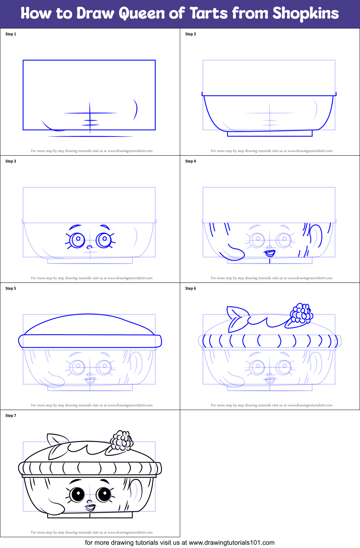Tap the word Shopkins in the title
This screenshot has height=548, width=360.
[306, 14]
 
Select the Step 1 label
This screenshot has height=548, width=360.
[11, 34]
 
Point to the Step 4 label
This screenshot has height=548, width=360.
[191, 161]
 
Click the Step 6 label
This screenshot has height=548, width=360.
[191, 289]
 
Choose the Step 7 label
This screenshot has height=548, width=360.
[11, 416]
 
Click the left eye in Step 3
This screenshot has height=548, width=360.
[77, 240]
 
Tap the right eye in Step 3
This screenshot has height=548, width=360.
[104, 239]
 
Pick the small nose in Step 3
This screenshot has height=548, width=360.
[89, 247]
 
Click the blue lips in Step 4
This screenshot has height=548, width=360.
[270, 253]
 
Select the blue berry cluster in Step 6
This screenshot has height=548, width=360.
[302, 313]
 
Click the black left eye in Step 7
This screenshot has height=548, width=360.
[77, 494]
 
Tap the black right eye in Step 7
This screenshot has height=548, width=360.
[104, 494]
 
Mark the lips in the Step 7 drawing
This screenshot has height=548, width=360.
[90, 508]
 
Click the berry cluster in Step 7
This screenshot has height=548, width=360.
[122, 440]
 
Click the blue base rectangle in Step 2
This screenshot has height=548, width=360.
[270, 134]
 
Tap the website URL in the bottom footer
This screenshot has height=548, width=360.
[231, 543]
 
